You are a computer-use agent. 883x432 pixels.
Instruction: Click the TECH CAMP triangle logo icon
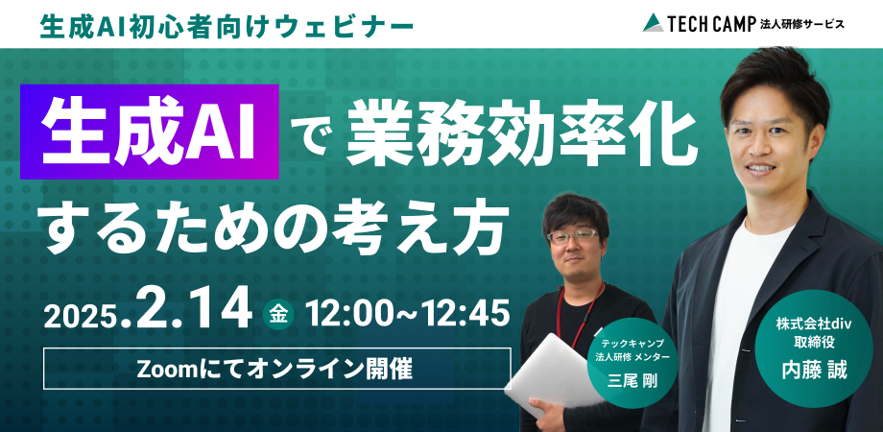654,22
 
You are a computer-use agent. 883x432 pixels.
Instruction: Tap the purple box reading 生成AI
157,133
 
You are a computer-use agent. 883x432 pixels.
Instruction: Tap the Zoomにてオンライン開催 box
276,369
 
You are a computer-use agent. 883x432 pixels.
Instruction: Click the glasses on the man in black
573,235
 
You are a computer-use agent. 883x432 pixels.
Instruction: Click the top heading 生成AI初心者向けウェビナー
228,24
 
